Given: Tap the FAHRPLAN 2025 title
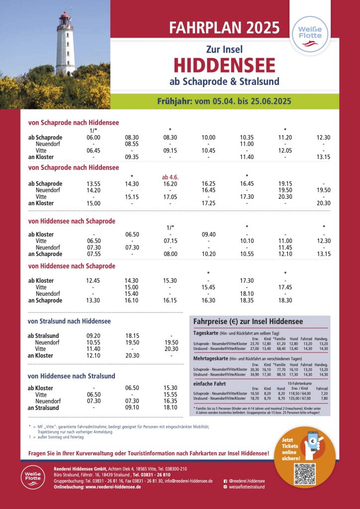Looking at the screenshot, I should pos(225,27).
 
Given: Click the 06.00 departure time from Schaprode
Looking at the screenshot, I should pos(93,137).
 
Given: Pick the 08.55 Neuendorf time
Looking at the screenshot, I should pos(132,144).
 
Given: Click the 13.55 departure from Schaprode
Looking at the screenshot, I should pos(93,183).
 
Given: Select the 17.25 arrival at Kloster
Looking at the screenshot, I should pos(208,203).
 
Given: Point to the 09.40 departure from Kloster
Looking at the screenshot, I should pos(208,234).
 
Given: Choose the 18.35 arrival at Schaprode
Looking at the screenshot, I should pos(247,300).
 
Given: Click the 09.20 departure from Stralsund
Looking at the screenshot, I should pos(93,336).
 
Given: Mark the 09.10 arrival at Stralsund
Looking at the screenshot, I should pos(132,408).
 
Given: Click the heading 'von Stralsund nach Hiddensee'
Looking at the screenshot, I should pos(69,321).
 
